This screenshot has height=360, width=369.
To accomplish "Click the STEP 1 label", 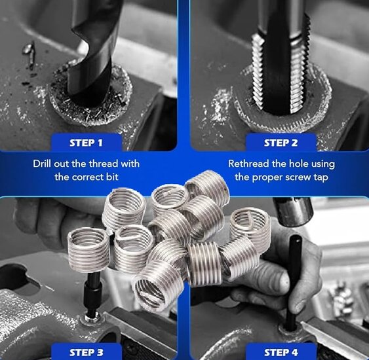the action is [x=86, y=143].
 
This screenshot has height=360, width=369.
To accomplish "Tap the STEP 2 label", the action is [x=281, y=143].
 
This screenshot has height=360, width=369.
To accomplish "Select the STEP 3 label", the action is [x=87, y=353].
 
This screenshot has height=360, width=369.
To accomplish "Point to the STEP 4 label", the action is [x=281, y=353].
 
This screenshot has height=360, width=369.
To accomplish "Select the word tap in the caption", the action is [x=320, y=177].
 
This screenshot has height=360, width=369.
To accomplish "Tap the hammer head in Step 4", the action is [x=292, y=211].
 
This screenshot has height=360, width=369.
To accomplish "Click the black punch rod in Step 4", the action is [x=294, y=282].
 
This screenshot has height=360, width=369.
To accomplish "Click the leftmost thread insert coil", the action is [x=88, y=249].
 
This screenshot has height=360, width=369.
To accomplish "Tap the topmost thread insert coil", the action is [x=208, y=187].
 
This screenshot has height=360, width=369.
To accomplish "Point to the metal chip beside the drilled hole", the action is [x=29, y=54].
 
